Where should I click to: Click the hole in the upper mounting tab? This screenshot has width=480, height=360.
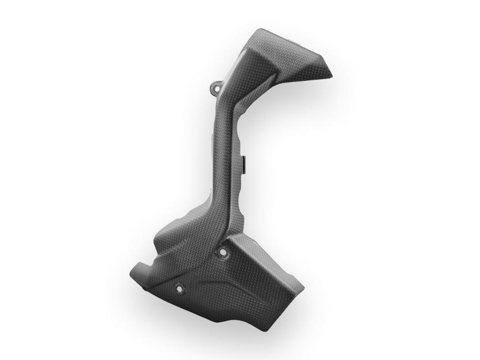(215, 88)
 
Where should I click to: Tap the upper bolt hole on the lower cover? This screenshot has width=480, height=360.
(223, 252)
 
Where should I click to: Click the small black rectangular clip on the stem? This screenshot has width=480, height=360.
(244, 161)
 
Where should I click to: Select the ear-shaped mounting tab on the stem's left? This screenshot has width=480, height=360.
(215, 89)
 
